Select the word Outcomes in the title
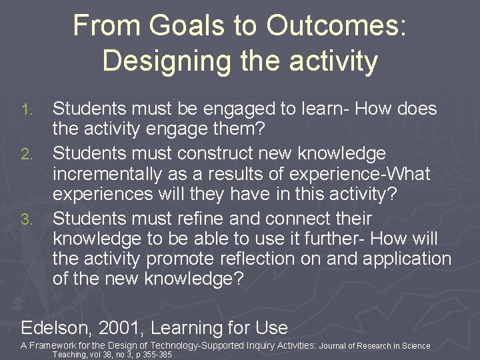(334, 26)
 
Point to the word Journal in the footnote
(334, 346)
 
